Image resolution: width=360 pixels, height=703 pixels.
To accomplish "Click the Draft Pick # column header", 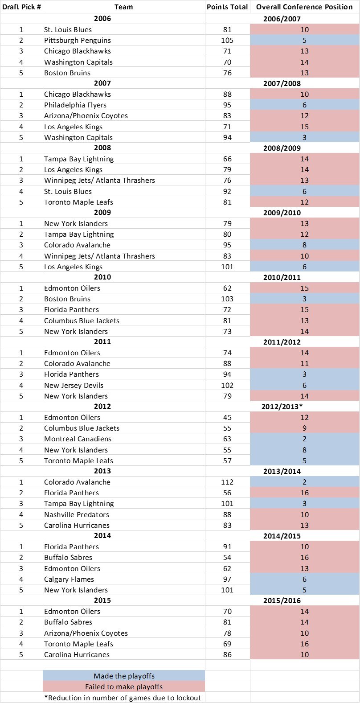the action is [x=21, y=7].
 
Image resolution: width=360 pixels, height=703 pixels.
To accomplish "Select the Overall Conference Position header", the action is [x=304, y=7].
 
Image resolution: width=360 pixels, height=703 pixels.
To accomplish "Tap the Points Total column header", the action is [x=227, y=7].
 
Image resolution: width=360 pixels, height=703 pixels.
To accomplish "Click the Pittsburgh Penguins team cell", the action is [x=78, y=41].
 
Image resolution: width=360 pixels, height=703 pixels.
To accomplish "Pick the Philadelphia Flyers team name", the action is [x=75, y=105].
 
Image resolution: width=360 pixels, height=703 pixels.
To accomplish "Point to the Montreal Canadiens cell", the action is [x=78, y=439].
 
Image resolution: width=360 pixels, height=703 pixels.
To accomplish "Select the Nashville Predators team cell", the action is [x=77, y=515].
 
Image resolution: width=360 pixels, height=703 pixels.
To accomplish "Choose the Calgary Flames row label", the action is [x=69, y=580].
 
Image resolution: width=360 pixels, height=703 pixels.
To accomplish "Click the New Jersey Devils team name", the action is [x=74, y=386].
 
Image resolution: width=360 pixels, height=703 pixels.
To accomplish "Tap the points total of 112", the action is [x=227, y=482].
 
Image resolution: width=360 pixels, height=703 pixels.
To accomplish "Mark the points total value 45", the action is [x=227, y=417].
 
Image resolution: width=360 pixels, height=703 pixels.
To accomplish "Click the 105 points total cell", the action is [x=227, y=41].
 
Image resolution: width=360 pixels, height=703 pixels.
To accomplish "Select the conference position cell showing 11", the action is [x=304, y=363].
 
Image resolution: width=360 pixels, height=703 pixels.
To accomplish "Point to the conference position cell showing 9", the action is [x=304, y=428].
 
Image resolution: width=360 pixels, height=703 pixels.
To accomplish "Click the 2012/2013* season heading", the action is [x=282, y=407].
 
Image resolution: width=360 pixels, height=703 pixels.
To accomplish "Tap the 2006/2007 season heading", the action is [x=282, y=19].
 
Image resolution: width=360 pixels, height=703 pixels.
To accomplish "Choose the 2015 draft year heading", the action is [x=102, y=600].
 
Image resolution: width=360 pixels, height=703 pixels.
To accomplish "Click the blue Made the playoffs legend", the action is [x=124, y=676].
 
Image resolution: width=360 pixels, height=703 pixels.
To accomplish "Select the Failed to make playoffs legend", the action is [x=124, y=687].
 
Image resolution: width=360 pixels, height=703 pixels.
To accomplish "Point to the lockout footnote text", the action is [x=122, y=698].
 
